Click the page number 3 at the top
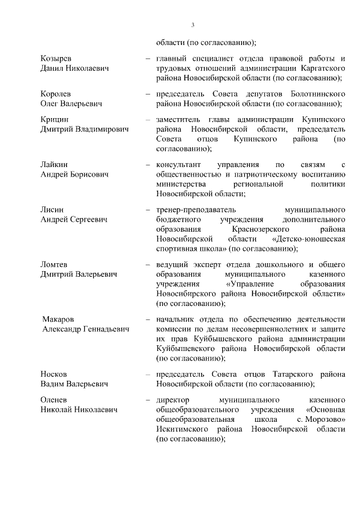coord(192,25)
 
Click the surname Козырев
coord(56,58)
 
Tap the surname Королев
coord(56,93)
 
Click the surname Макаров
coord(58,319)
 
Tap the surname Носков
coord(54,373)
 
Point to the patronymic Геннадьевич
coord(103,329)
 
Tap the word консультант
coord(179,164)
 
